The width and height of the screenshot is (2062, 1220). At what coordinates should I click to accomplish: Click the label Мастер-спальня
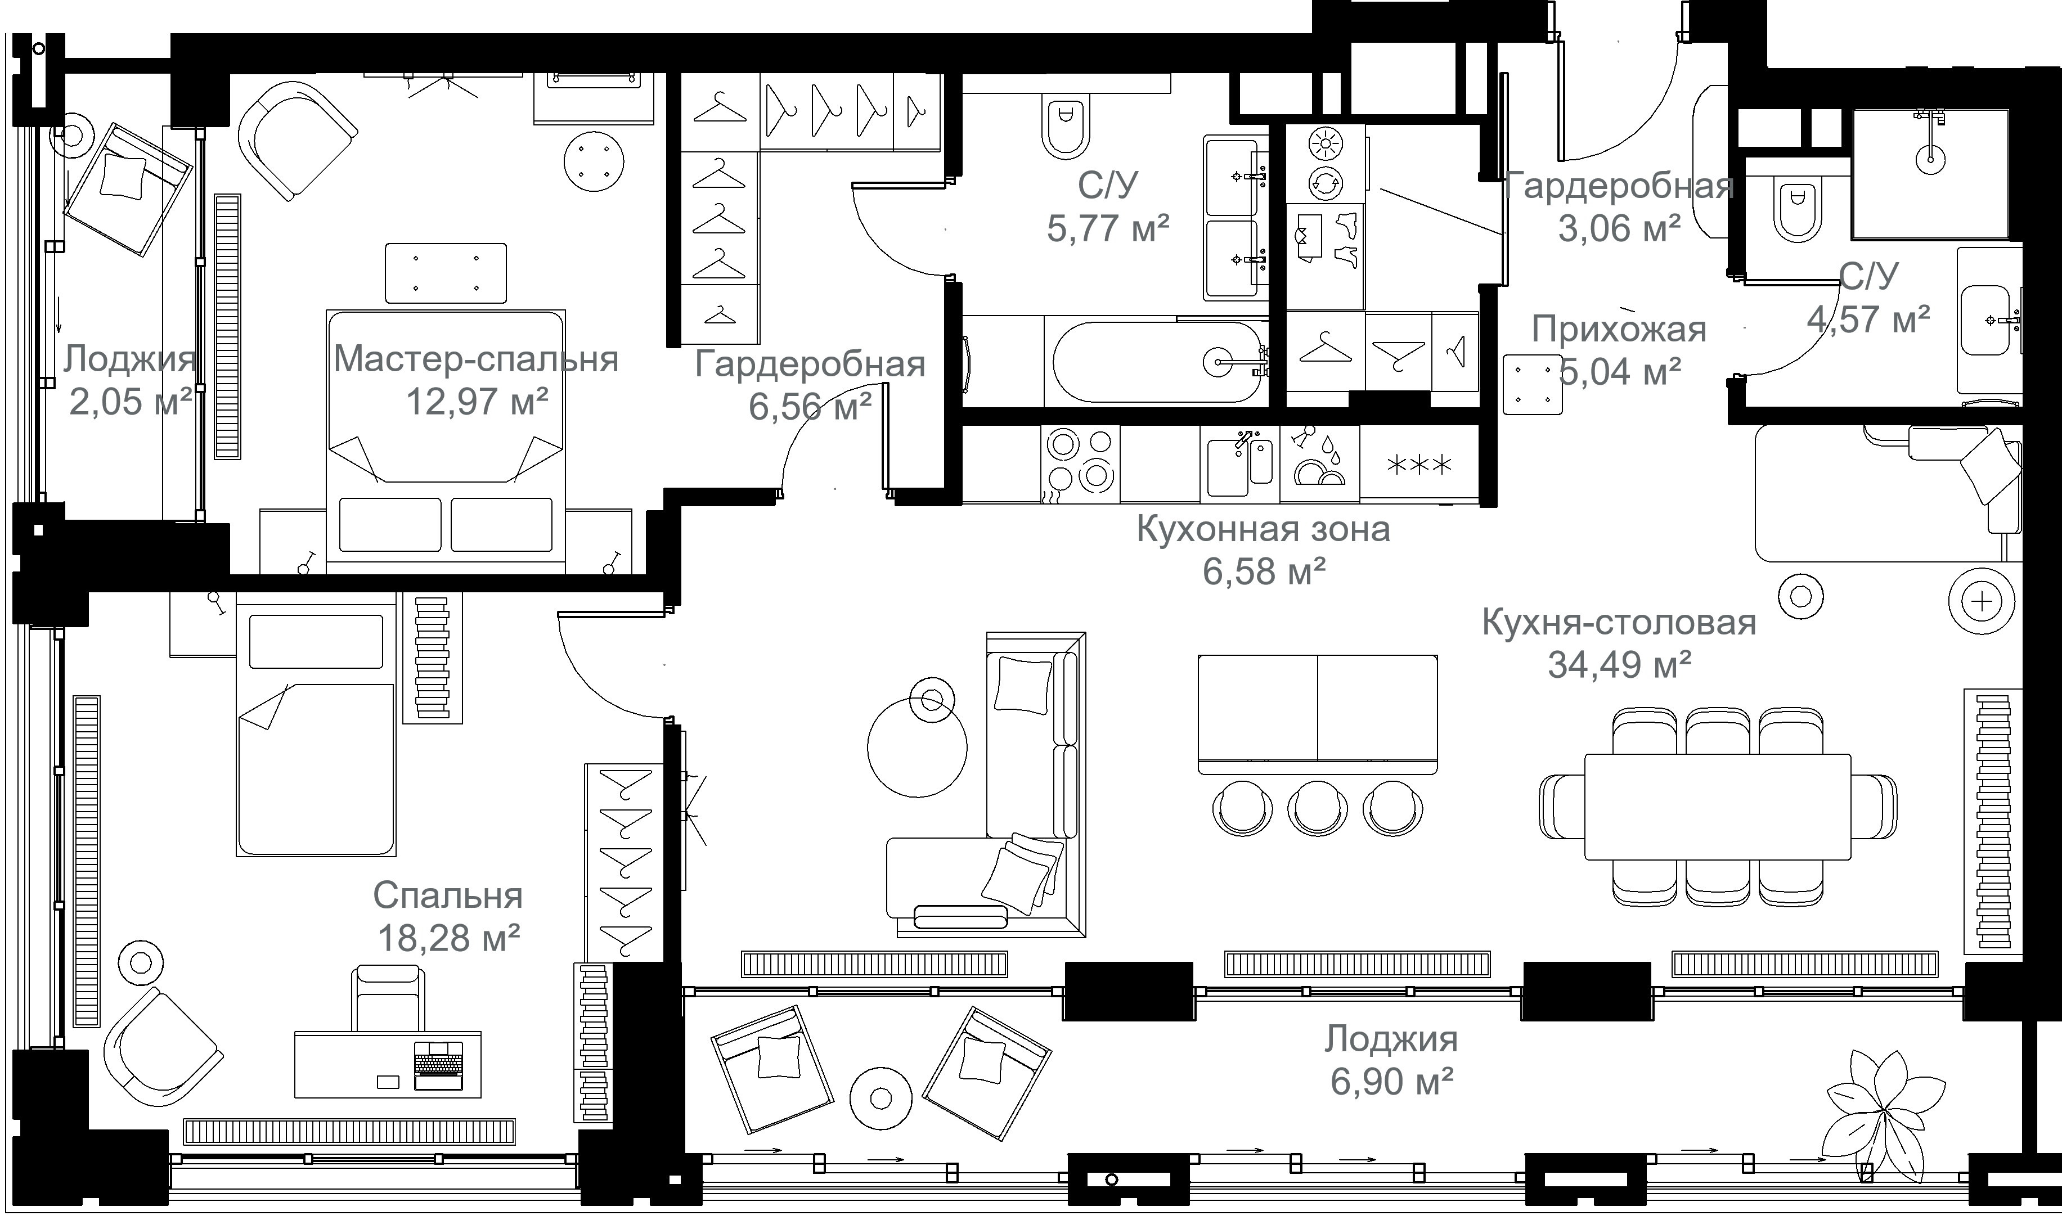[476, 359]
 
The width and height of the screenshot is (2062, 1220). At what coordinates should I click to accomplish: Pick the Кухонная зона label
[1263, 529]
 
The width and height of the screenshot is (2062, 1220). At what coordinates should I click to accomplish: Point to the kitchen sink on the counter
[1240, 465]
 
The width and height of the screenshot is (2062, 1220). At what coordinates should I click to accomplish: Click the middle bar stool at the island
[1317, 807]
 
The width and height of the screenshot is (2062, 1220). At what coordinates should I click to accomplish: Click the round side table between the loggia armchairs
[880, 1097]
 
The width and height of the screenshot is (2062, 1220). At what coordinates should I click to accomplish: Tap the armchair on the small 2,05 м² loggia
[128, 190]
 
